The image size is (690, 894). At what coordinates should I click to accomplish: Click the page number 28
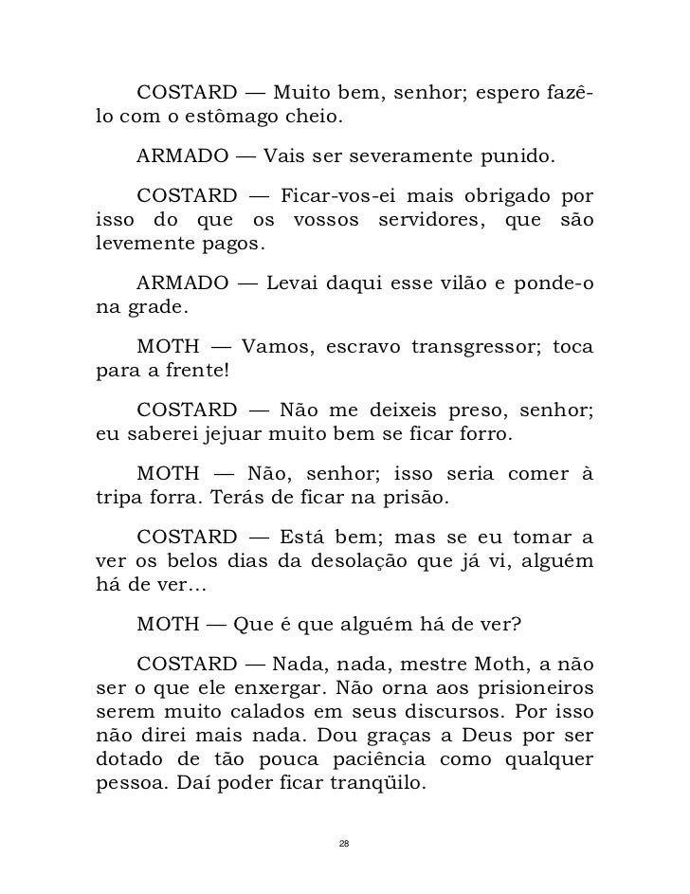(345, 843)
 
